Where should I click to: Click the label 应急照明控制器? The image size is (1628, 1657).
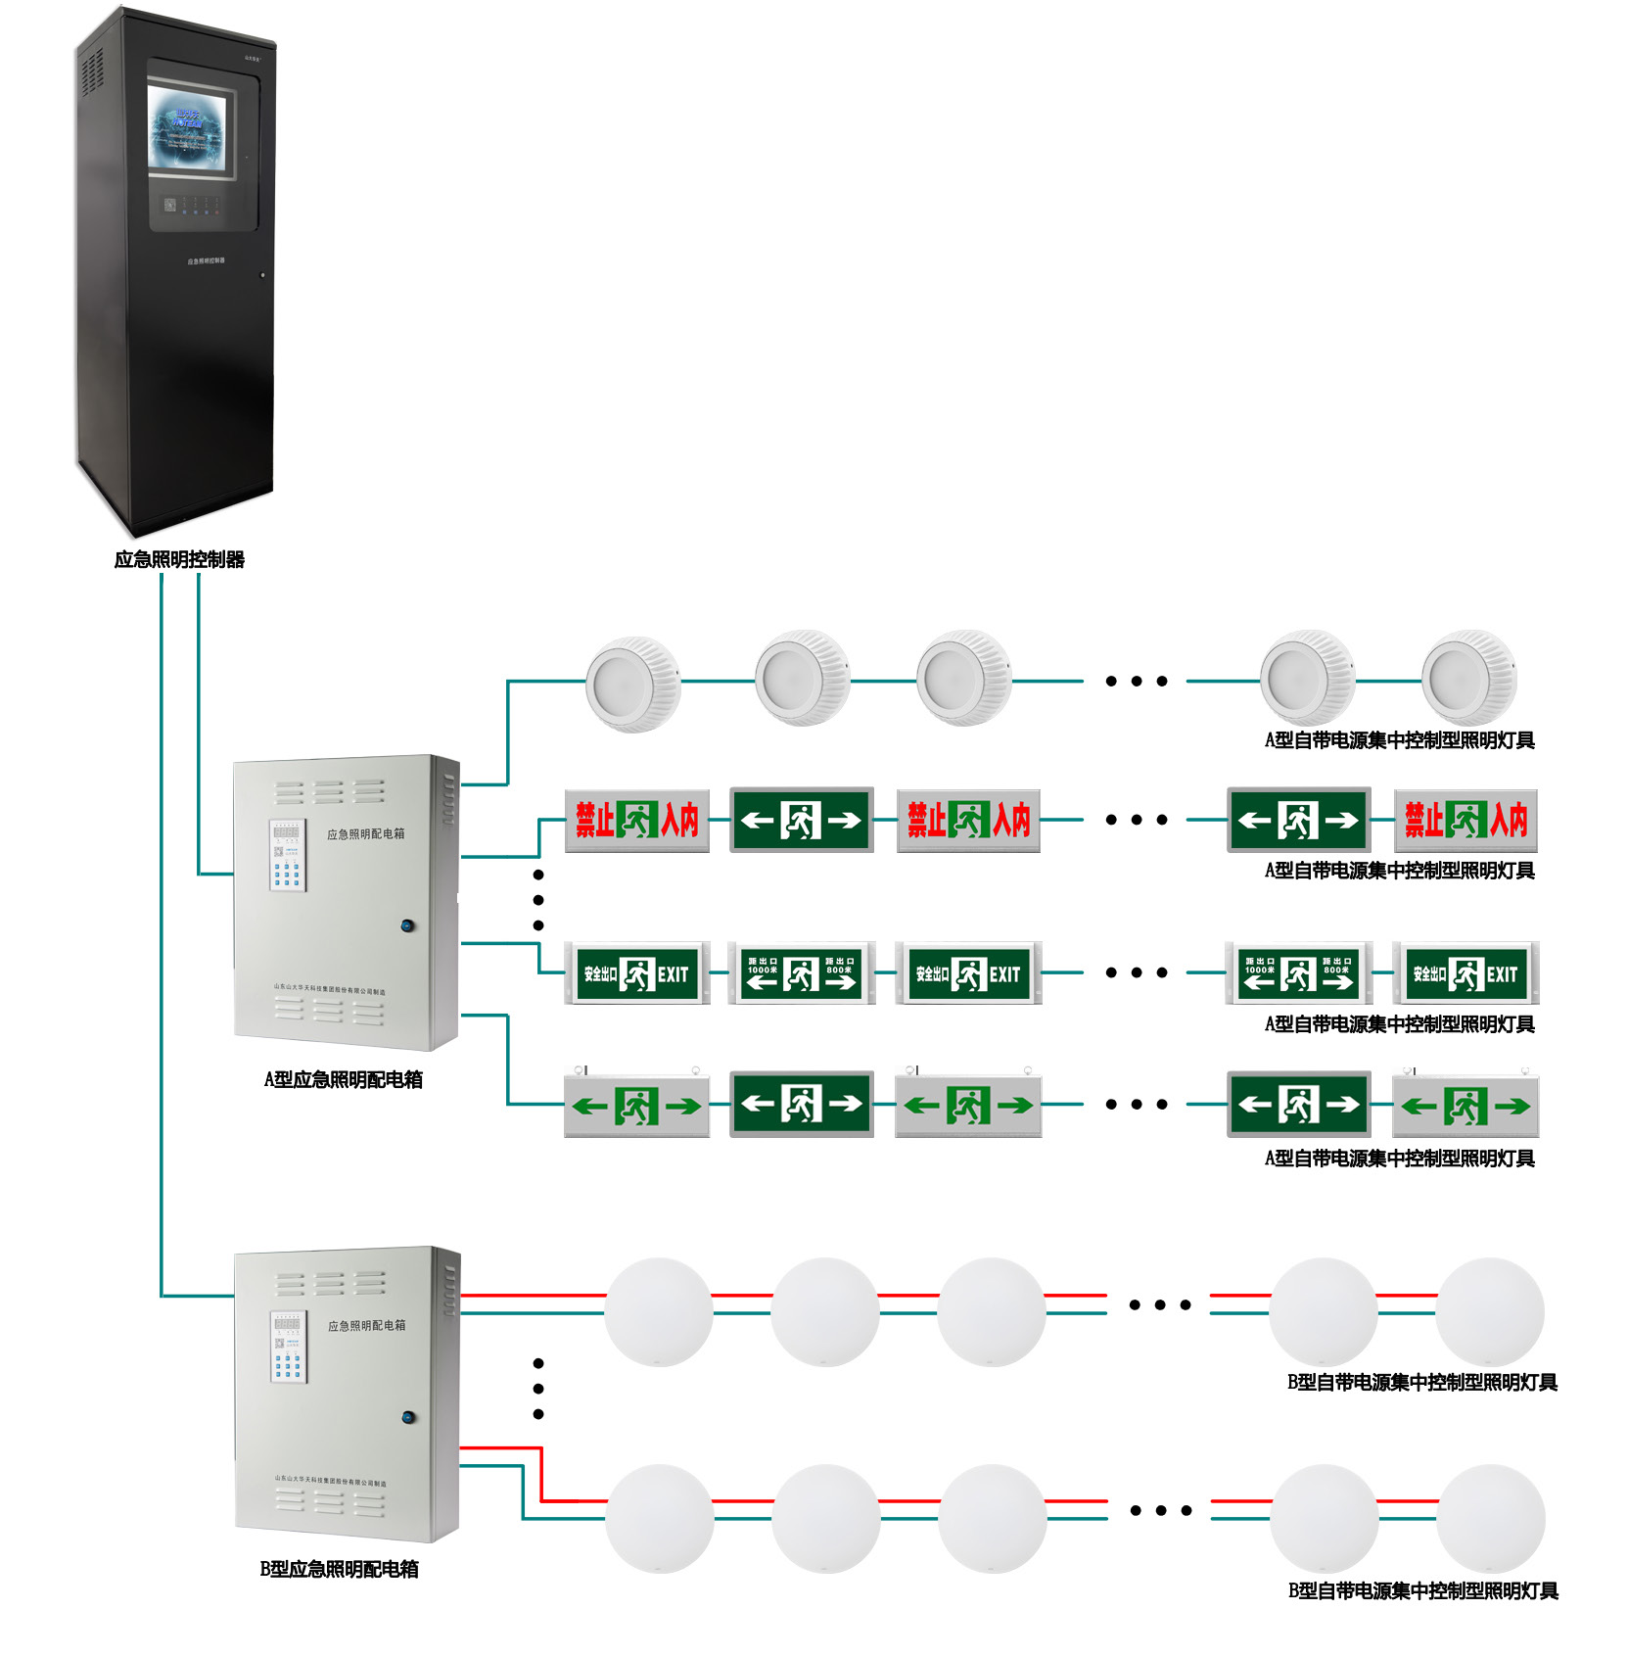(179, 559)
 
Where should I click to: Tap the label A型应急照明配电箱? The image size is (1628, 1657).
(343, 1079)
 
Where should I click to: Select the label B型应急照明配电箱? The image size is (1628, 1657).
(339, 1569)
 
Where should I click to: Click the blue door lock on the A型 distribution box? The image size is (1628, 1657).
(408, 924)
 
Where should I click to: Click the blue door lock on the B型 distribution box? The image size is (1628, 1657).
(409, 1416)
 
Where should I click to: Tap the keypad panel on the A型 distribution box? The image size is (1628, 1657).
(288, 855)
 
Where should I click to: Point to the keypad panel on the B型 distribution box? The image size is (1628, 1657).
(289, 1347)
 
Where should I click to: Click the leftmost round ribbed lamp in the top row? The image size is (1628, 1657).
(632, 684)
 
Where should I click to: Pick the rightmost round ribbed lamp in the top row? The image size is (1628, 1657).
(1468, 678)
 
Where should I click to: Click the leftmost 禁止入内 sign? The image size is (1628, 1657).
(636, 820)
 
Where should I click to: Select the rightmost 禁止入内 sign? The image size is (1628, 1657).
(1465, 820)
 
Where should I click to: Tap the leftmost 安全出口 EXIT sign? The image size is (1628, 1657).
(636, 973)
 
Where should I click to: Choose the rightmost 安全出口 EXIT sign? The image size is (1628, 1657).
(1465, 973)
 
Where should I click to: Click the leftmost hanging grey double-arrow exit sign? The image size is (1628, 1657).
(636, 1106)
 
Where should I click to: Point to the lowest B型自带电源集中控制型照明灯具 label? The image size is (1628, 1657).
(1422, 1590)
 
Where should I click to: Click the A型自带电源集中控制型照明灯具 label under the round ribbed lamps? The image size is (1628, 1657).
(1399, 740)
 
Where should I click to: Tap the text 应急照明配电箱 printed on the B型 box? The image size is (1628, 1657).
(366, 1325)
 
